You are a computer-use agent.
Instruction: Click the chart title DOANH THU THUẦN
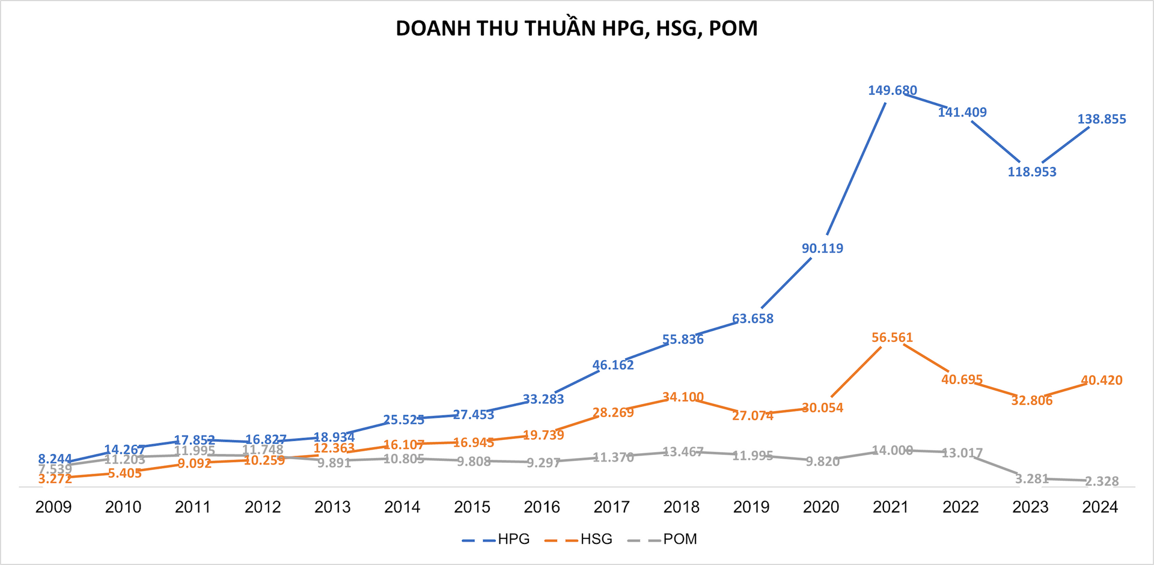[x=576, y=28]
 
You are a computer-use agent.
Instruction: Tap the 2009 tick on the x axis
[x=53, y=507]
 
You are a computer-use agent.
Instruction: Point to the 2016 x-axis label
[x=542, y=507]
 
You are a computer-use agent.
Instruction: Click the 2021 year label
[x=891, y=507]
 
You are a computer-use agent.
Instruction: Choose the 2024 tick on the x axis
[x=1100, y=507]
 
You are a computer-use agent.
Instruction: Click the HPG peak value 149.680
[x=893, y=91]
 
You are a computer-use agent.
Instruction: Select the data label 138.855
[x=1102, y=119]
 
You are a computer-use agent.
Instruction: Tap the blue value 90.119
[x=822, y=248]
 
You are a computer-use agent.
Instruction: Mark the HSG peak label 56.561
[x=893, y=338]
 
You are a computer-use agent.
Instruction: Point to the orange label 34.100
[x=683, y=397]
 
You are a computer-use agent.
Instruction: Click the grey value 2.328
[x=1102, y=481]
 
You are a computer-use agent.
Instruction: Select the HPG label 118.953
[x=1032, y=172]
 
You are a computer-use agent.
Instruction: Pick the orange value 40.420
[x=1102, y=380]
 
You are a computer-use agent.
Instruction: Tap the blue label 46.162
[x=613, y=365]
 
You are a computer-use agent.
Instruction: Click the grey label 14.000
[x=893, y=450]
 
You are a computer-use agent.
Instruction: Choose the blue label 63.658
[x=753, y=319]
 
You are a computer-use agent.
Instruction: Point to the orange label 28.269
[x=613, y=413]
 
